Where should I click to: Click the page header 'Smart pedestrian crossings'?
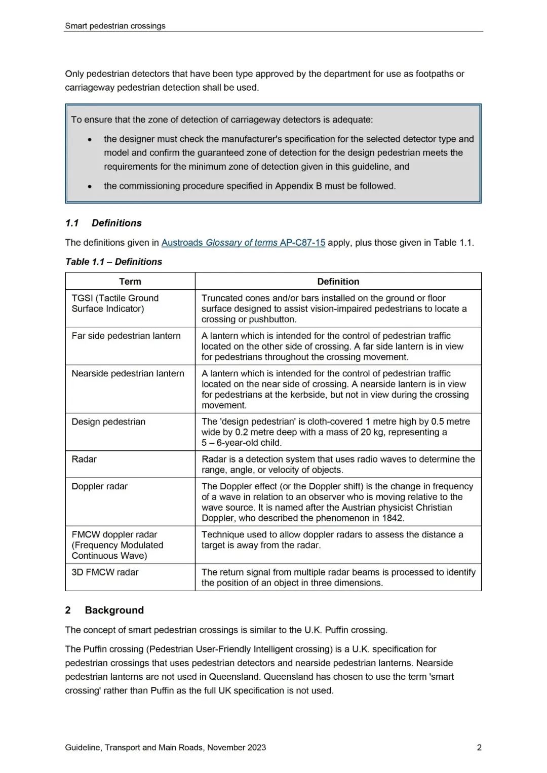pyautogui.click(x=115, y=26)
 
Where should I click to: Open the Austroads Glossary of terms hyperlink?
pyautogui.click(x=243, y=243)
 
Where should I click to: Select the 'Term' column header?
pyautogui.click(x=130, y=282)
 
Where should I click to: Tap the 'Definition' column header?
pyautogui.click(x=338, y=282)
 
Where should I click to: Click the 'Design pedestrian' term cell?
pyautogui.click(x=108, y=422)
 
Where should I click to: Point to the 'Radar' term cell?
pyautogui.click(x=84, y=459)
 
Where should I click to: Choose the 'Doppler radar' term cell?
pyautogui.click(x=100, y=486)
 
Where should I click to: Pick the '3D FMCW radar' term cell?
pyautogui.click(x=105, y=572)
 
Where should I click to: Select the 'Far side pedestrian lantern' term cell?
pyautogui.click(x=126, y=336)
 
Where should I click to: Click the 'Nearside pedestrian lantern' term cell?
pyautogui.click(x=128, y=373)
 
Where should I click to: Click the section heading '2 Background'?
pyautogui.click(x=105, y=610)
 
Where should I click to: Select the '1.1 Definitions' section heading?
pyautogui.click(x=103, y=223)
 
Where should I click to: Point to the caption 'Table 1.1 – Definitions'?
pyautogui.click(x=113, y=262)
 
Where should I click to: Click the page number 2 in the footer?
pyautogui.click(x=479, y=748)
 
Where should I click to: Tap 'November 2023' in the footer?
pyautogui.click(x=237, y=748)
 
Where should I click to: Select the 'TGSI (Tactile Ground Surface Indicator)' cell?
pyautogui.click(x=115, y=303)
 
